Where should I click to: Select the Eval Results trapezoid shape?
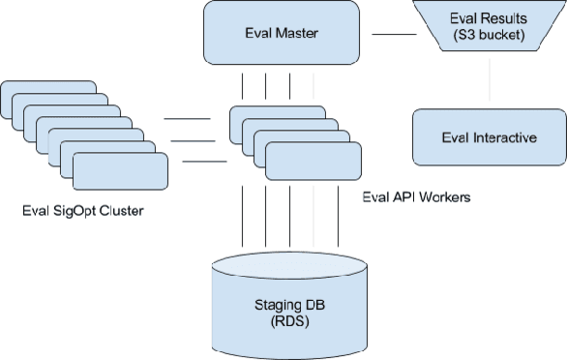(490, 35)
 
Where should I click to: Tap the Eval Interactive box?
(489, 136)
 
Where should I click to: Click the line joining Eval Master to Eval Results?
(393, 35)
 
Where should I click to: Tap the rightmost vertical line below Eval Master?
(313, 84)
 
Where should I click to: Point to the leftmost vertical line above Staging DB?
(241, 223)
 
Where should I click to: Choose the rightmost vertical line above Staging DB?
(338, 223)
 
